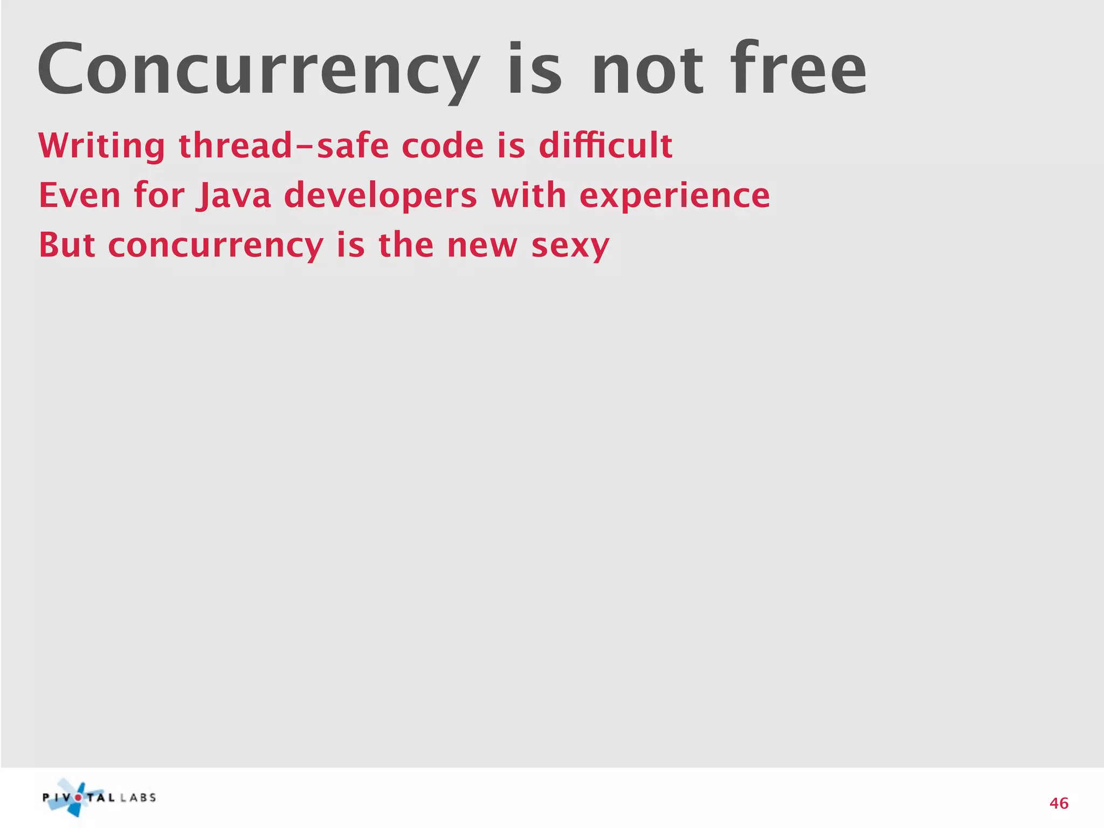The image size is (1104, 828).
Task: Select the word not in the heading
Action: [x=647, y=70]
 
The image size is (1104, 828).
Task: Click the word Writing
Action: [x=102, y=146]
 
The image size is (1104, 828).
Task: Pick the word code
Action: [x=443, y=146]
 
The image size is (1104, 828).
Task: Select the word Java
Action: [x=233, y=195]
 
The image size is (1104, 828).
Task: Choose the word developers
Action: [x=381, y=195]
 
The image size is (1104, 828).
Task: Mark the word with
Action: [x=528, y=195]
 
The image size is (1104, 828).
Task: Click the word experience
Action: [x=674, y=195]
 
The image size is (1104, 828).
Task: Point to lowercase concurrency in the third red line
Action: [x=216, y=245]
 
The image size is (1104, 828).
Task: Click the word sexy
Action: [x=570, y=245]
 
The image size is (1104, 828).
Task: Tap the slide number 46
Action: [x=1059, y=804]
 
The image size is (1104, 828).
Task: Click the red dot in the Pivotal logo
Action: [x=79, y=798]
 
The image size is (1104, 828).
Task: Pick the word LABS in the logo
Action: [x=138, y=798]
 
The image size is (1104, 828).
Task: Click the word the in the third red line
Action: [x=406, y=245]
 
